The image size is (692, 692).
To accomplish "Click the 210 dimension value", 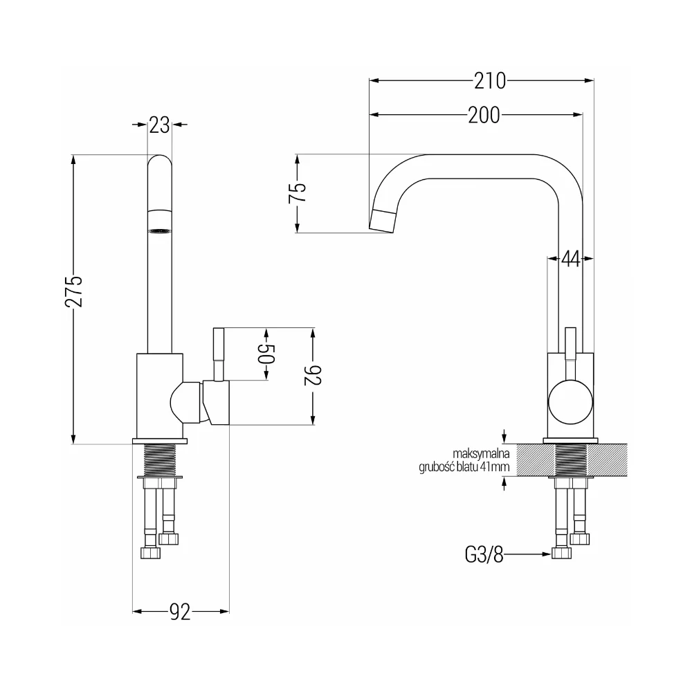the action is pos(490,81).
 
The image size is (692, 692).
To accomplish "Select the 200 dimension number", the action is pos(484,115).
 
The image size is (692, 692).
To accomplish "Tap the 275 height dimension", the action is pos(74,291).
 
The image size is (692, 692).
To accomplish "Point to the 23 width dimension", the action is pos(159,125).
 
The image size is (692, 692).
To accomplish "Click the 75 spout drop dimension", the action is pos(298,193).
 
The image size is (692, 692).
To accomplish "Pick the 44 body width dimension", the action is pos(570,259).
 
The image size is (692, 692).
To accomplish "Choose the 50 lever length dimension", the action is pos(266,354).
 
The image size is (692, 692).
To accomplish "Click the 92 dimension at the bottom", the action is pos(180,612).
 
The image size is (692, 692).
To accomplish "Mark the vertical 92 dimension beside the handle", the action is pos(313,376).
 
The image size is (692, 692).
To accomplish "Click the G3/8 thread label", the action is pos(484,554).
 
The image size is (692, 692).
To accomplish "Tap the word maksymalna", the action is pos(481,453).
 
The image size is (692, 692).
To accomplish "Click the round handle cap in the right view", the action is pos(570,402).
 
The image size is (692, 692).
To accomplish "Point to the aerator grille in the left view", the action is pos(160,231).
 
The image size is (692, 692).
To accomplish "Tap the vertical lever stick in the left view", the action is pos(219,354).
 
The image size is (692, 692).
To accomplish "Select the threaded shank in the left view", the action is pos(160,460).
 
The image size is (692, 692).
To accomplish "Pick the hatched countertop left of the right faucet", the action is pos(535,460).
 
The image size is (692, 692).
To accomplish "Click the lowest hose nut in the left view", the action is pos(150,553).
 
